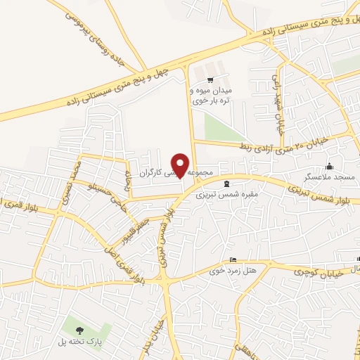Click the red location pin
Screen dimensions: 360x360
click(181, 165)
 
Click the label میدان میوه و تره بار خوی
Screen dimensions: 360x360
click(211, 95)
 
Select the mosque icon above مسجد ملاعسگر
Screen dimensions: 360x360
click(329, 166)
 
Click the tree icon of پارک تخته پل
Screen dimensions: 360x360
click(79, 329)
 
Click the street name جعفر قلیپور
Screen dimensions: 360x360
click(135, 227)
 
